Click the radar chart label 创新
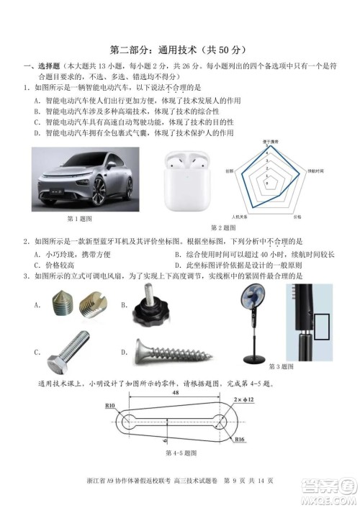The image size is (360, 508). click(x=229, y=171)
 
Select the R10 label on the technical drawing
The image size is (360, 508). click(x=110, y=407)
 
